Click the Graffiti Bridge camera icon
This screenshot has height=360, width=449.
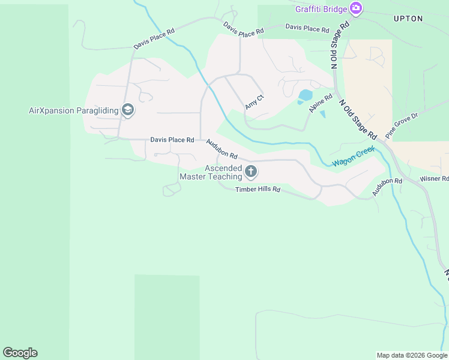pos(356,8)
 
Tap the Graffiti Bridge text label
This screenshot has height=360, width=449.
pos(321,8)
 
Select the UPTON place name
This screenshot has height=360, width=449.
pos(408,19)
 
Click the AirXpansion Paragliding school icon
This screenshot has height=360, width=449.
pos(127,110)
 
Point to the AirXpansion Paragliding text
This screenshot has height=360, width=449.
pos(73,110)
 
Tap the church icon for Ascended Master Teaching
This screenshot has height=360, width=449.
pos(251,173)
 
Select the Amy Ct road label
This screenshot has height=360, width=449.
pos(255,102)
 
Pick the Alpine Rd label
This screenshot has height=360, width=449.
pos(321,104)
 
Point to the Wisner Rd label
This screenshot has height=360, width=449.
pos(434,179)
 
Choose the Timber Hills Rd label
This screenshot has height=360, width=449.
pos(258,190)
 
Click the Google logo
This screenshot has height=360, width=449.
pos(20,353)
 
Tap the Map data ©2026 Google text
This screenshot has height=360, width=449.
pos(412,355)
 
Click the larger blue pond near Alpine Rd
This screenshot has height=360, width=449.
pos(306,95)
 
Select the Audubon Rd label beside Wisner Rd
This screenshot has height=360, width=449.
pos(387,187)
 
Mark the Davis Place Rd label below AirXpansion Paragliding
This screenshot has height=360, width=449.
pos(172,140)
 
